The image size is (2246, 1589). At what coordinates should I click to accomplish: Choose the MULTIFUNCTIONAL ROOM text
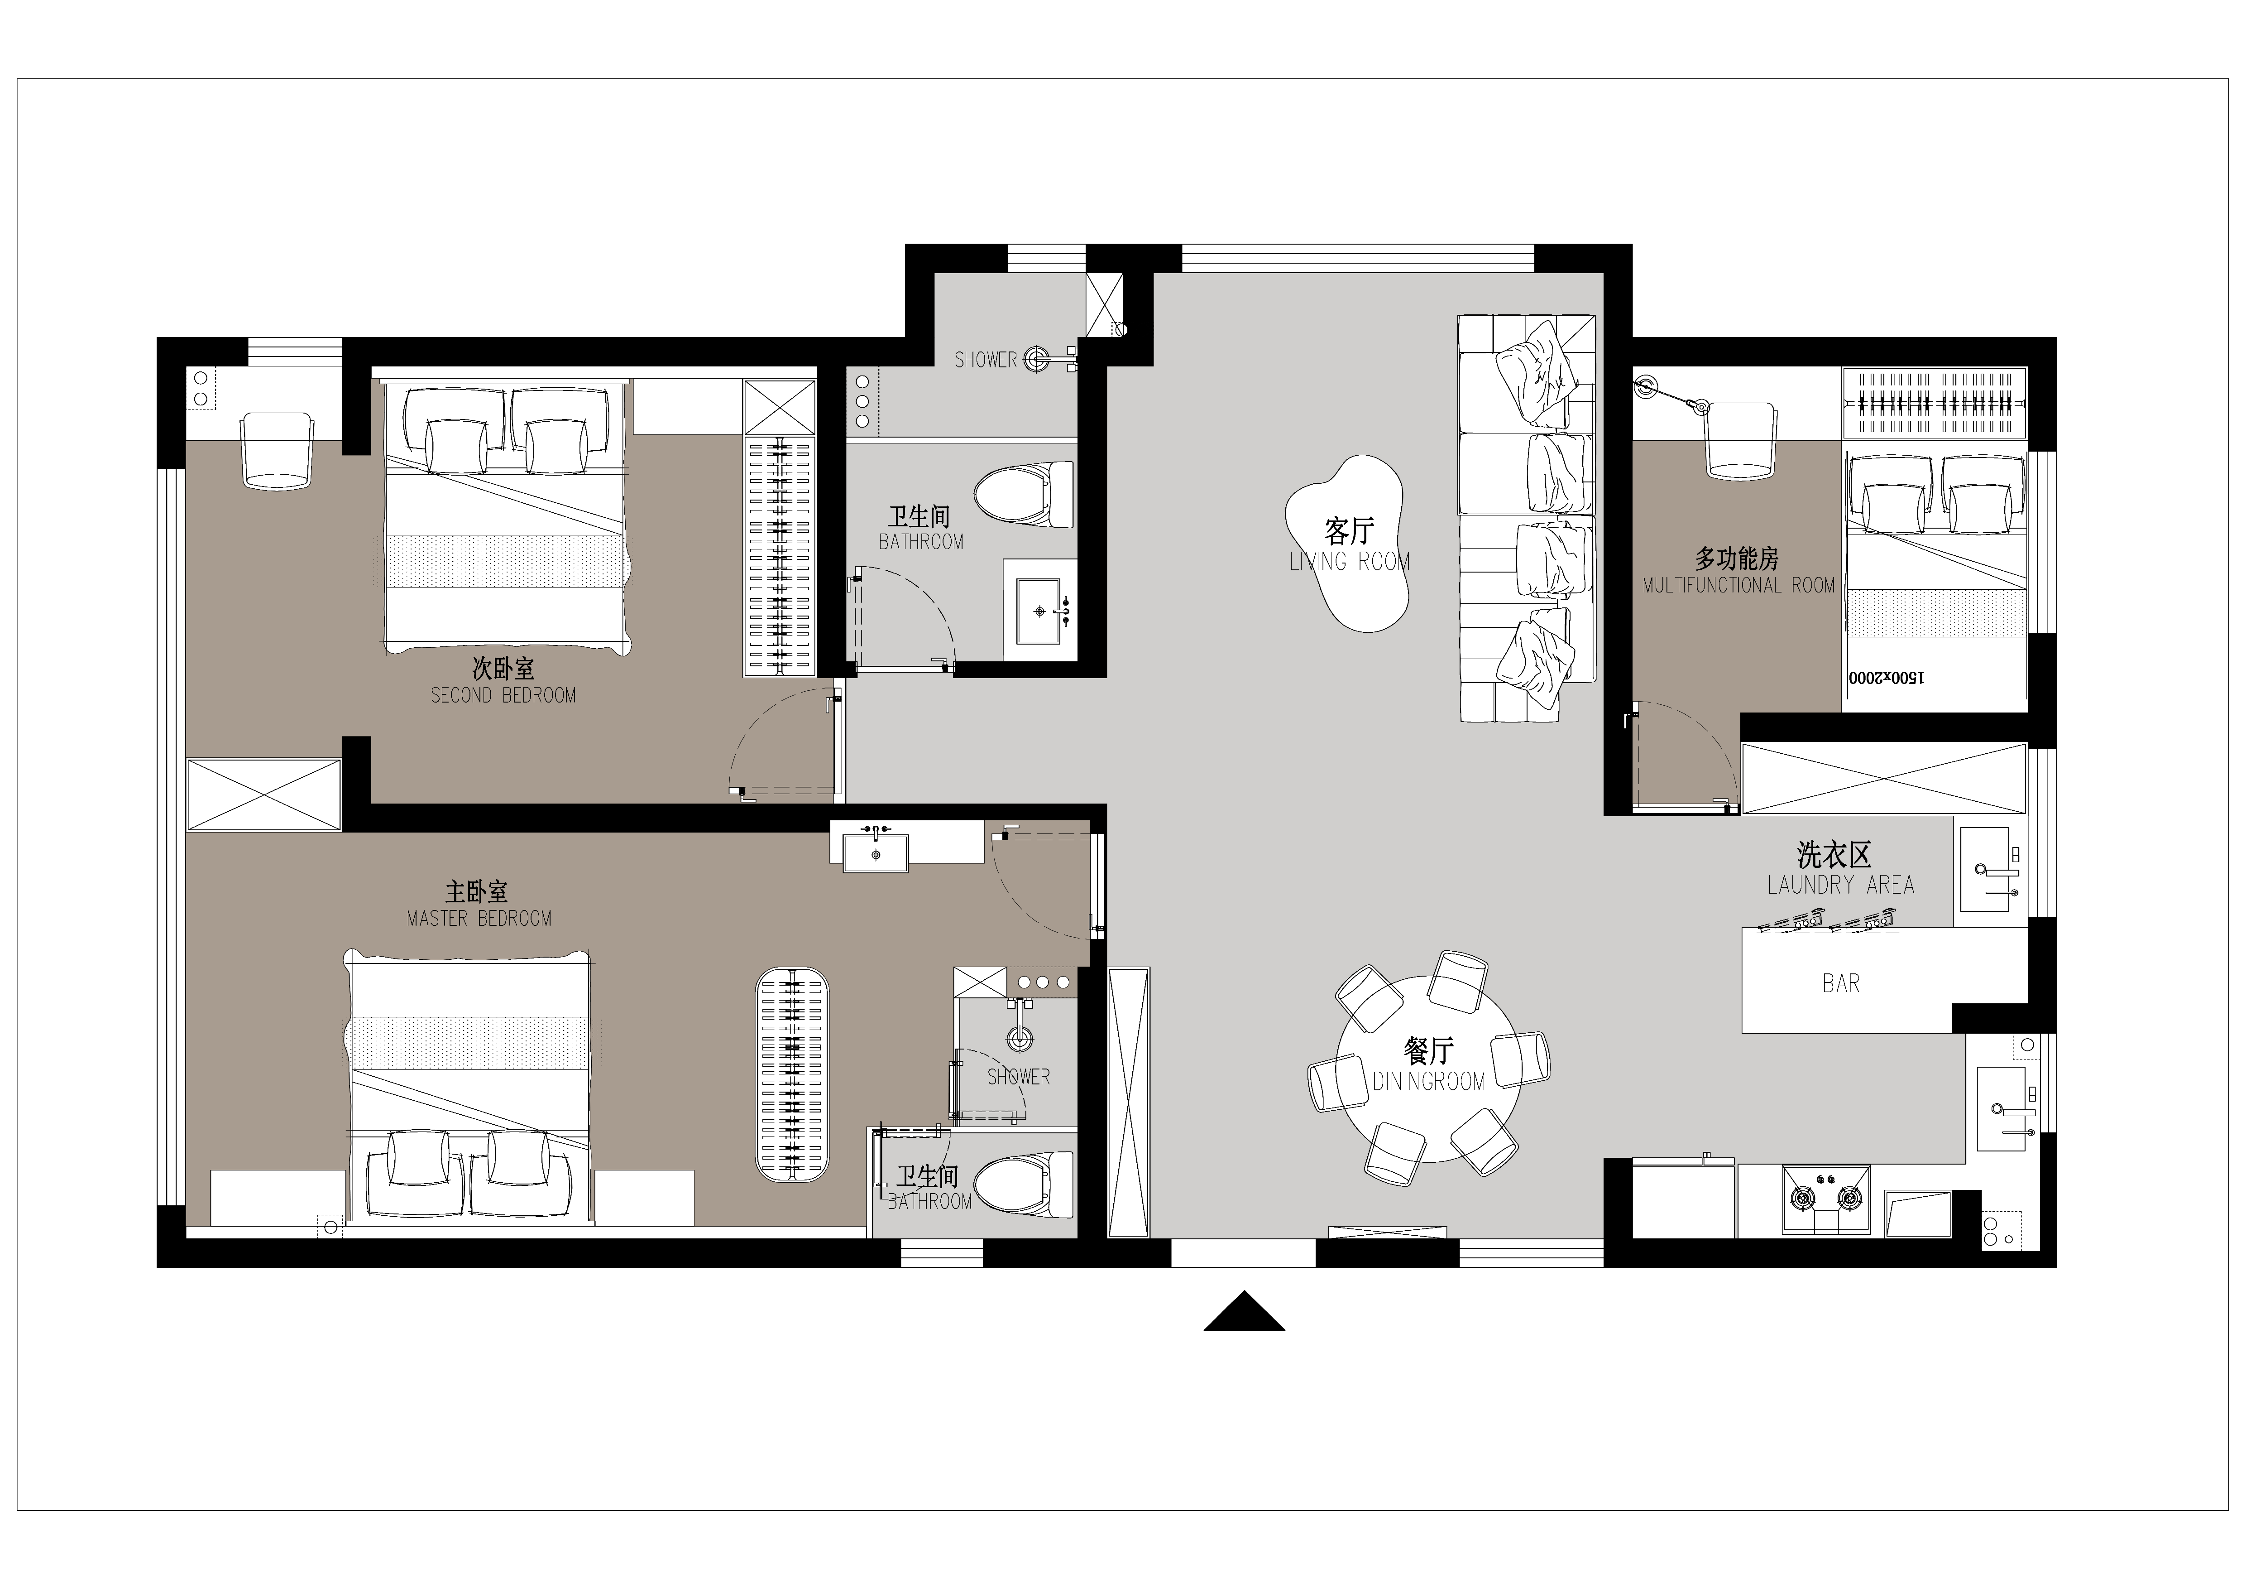pyautogui.click(x=1738, y=585)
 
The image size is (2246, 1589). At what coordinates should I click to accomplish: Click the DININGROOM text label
pyautogui.click(x=1428, y=1081)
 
